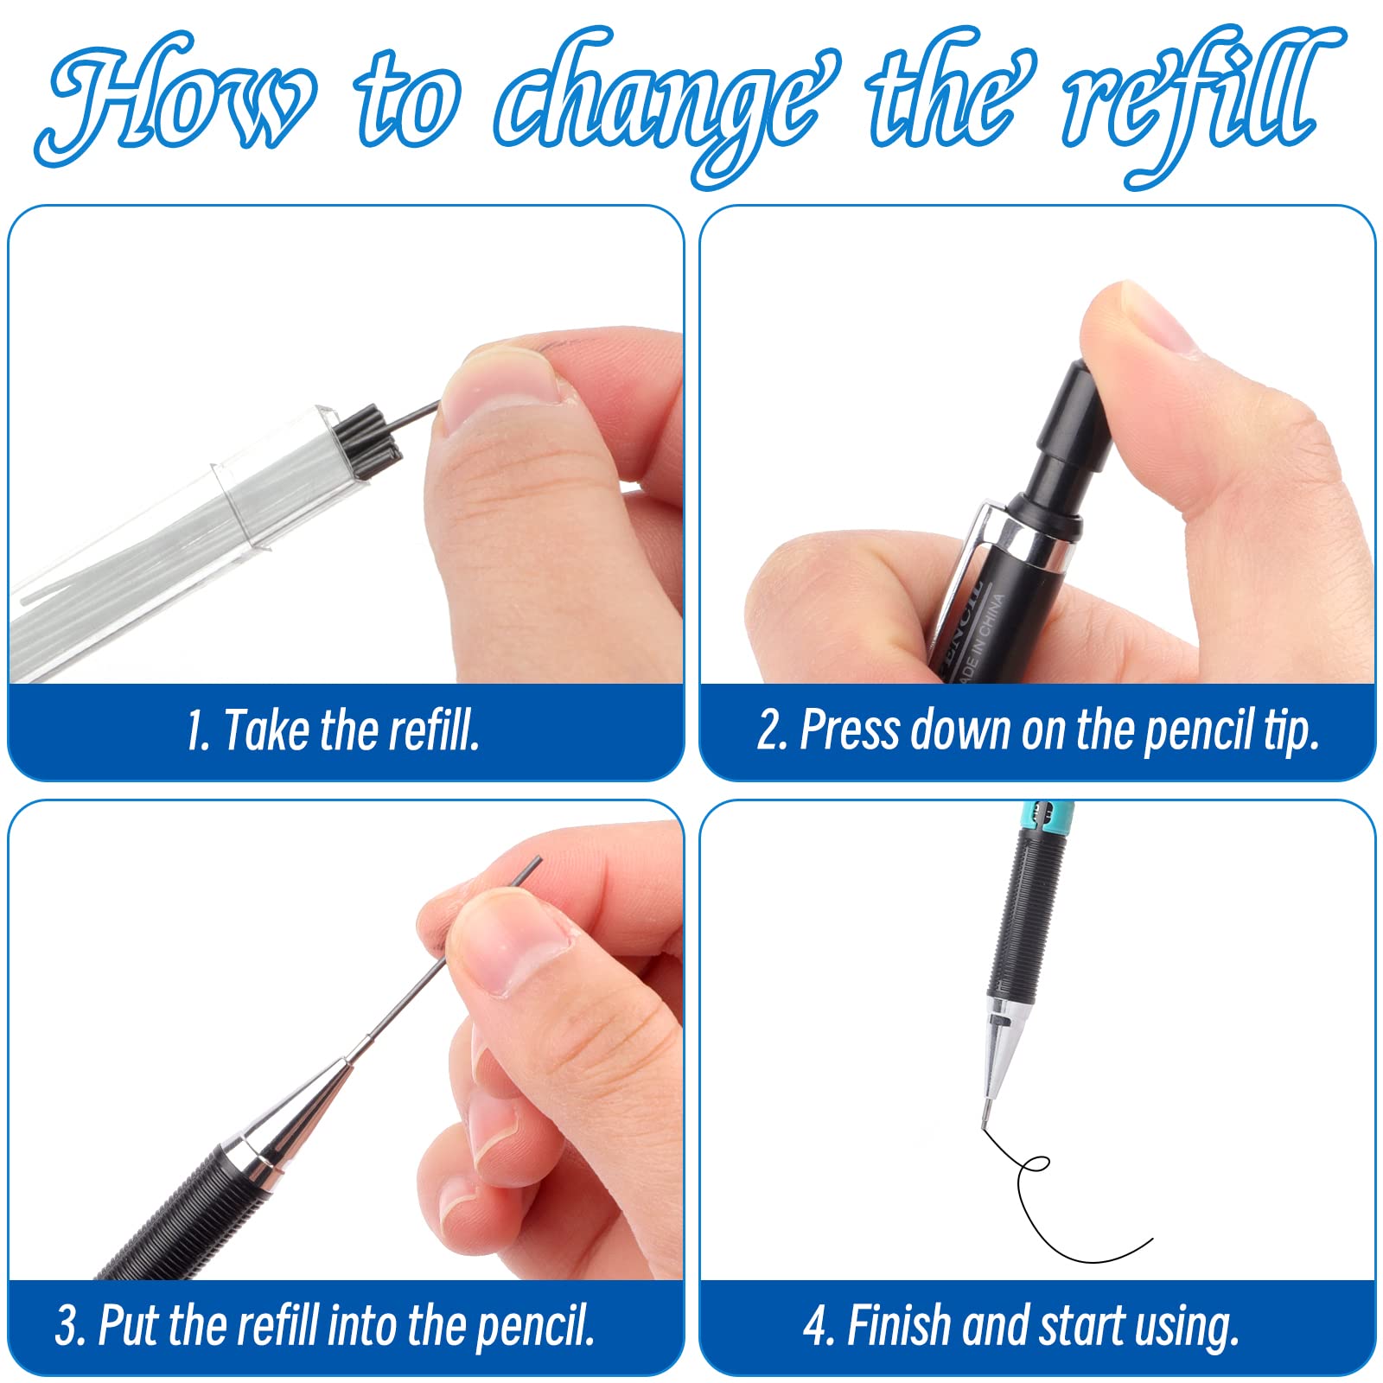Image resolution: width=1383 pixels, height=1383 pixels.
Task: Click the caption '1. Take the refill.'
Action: (x=333, y=730)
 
